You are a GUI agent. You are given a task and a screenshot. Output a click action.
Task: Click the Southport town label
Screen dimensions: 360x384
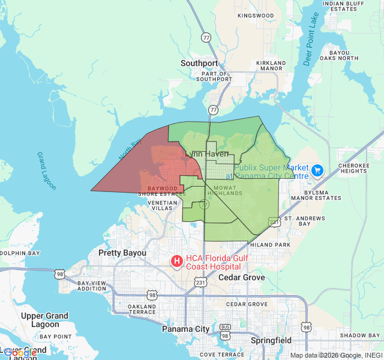coord(200,63)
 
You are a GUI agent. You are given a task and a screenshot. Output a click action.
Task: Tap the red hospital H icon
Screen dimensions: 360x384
coord(177,261)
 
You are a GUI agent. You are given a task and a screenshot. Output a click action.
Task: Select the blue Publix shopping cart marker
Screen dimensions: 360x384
coord(317,171)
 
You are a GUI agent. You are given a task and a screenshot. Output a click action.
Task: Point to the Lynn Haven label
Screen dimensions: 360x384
coord(207,154)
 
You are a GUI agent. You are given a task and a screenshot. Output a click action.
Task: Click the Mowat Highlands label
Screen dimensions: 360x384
coord(228,190)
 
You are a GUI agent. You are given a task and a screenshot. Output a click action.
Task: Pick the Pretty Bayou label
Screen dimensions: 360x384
coord(122,253)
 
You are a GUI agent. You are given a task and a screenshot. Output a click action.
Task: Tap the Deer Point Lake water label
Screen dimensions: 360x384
coord(311,39)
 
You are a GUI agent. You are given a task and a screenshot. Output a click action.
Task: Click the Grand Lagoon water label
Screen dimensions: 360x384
coord(46,171)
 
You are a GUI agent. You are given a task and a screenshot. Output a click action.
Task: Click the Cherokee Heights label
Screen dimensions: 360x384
coord(352,168)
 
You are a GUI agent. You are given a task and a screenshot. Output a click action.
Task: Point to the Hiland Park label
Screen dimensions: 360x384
coord(270,245)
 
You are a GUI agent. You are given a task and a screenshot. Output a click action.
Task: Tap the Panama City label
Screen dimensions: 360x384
coord(186,329)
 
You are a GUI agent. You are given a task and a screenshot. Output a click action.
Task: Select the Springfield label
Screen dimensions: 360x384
coord(271,340)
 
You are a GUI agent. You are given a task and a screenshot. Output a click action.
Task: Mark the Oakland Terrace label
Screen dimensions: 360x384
coord(142,309)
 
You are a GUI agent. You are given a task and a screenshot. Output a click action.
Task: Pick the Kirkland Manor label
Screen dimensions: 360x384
coord(271,65)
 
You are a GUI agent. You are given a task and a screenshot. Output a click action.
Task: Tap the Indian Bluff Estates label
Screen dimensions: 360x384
coord(344,6)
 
